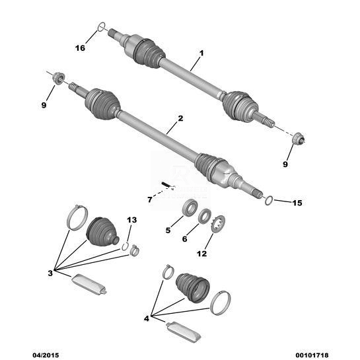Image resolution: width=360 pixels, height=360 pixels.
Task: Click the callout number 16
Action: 80,48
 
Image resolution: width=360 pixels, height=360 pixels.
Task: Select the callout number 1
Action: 201,54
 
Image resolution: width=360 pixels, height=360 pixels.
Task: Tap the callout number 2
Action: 181,118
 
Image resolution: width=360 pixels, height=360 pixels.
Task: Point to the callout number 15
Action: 297,203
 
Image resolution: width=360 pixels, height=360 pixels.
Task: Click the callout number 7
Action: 150,199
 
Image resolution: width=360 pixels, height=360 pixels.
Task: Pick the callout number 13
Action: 132,220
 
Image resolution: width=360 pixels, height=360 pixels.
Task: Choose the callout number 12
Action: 202,254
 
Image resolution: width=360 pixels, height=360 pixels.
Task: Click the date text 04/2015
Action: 46,355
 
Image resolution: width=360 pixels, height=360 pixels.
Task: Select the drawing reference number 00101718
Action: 312,355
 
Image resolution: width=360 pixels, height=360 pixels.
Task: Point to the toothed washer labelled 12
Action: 218,224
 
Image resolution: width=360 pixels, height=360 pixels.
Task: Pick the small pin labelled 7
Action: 166,185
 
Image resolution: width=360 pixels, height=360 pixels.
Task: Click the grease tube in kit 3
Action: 89,284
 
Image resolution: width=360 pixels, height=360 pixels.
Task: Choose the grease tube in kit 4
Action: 184,332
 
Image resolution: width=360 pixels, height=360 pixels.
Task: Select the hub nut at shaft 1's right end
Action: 298,138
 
